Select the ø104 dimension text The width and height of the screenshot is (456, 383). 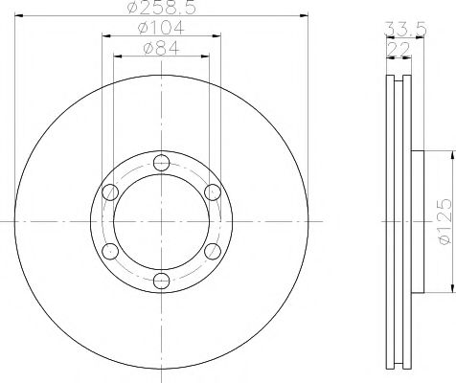(x=161, y=28)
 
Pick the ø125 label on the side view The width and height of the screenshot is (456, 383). (x=445, y=222)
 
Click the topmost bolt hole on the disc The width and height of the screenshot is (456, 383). (x=161, y=161)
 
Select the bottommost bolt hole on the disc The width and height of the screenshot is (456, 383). (x=161, y=280)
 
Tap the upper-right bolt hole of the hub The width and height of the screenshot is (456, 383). (x=213, y=191)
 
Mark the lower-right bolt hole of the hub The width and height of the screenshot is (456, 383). (x=213, y=250)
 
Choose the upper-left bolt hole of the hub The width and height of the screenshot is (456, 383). (x=109, y=191)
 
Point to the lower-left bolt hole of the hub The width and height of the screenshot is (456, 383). (x=109, y=250)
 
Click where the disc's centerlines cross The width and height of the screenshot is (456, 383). (x=161, y=220)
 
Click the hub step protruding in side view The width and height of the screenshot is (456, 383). (x=417, y=221)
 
